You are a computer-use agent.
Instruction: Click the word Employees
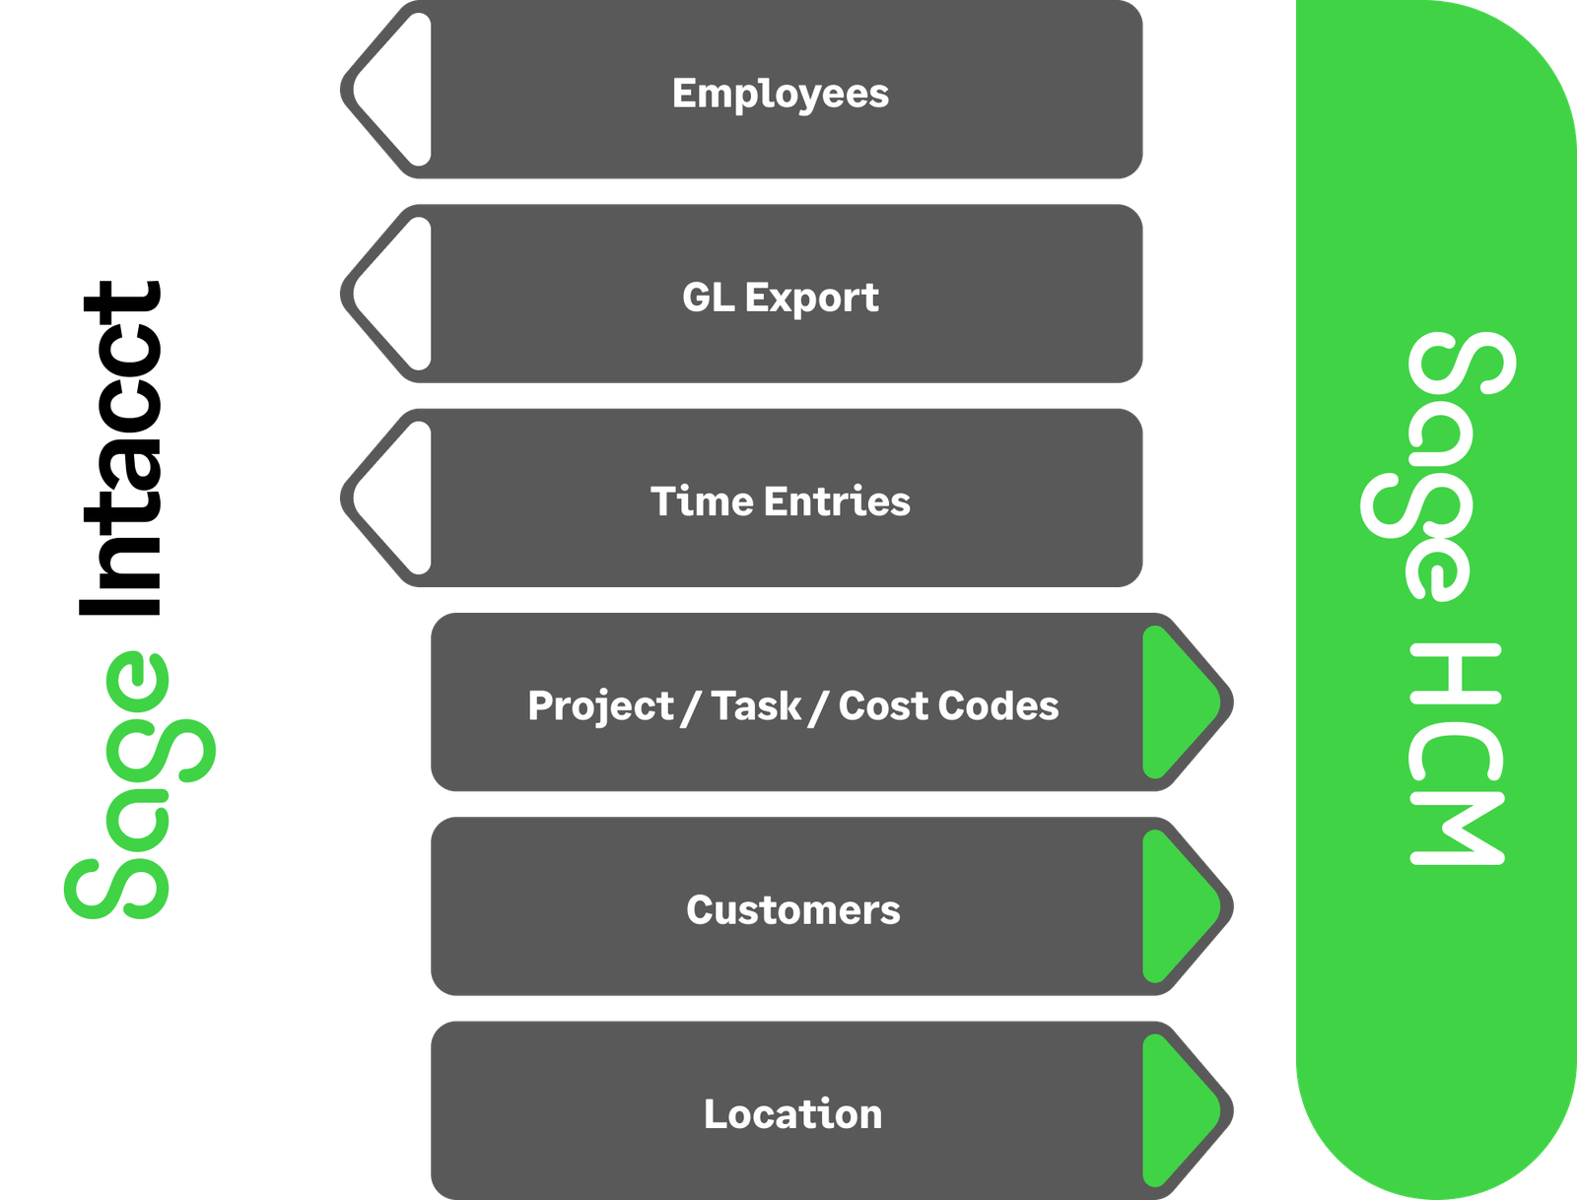coord(780,95)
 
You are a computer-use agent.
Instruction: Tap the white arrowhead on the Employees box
coord(398,90)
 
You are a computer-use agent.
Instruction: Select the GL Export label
coord(780,298)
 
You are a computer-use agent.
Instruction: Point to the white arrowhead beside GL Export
coord(398,294)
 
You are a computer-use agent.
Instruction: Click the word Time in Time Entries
coord(701,501)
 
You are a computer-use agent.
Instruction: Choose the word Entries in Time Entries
coord(837,501)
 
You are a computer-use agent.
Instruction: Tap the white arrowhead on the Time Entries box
coord(398,498)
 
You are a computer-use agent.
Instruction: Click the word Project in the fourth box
coord(600,706)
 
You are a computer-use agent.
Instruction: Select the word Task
coord(756,706)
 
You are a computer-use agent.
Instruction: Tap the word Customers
coord(792,910)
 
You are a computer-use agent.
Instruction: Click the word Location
coord(792,1114)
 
